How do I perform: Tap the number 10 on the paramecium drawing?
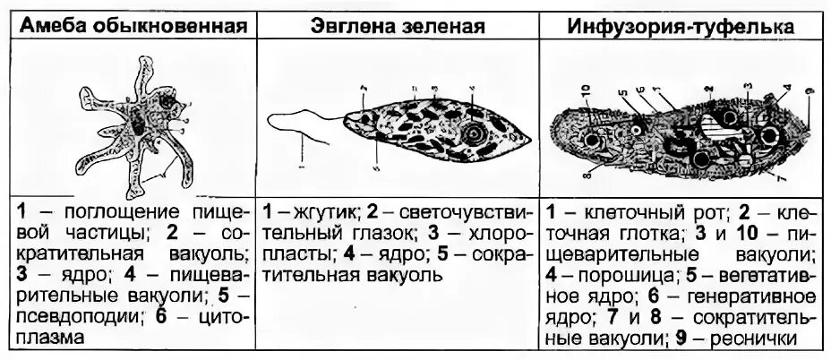tap(584, 90)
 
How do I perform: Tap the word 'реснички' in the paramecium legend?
tap(767, 338)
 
